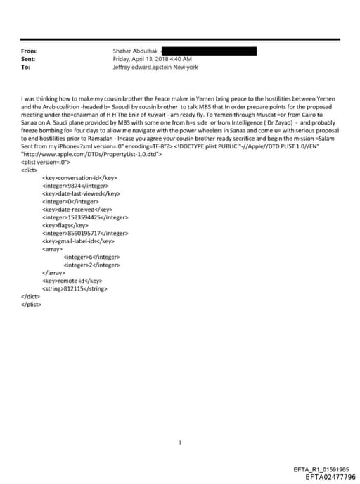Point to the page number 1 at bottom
tap(180, 423)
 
